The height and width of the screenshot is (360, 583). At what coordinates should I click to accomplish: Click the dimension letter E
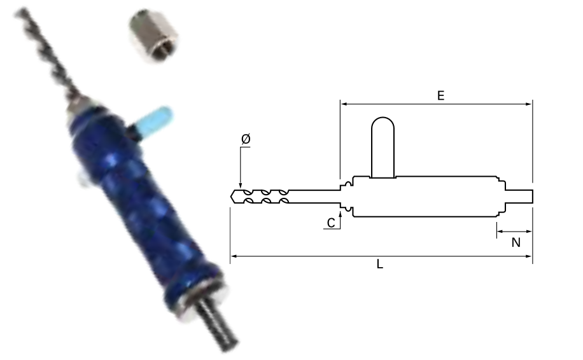pyautogui.click(x=440, y=95)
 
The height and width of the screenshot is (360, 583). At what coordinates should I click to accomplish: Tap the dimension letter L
pyautogui.click(x=379, y=264)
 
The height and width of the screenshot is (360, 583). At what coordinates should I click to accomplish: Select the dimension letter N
pyautogui.click(x=516, y=242)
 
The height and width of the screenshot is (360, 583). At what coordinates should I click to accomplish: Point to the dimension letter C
pyautogui.click(x=331, y=223)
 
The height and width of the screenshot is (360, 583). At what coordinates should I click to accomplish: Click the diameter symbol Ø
pyautogui.click(x=246, y=139)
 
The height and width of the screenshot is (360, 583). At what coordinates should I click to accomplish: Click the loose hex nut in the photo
pyautogui.click(x=153, y=36)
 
